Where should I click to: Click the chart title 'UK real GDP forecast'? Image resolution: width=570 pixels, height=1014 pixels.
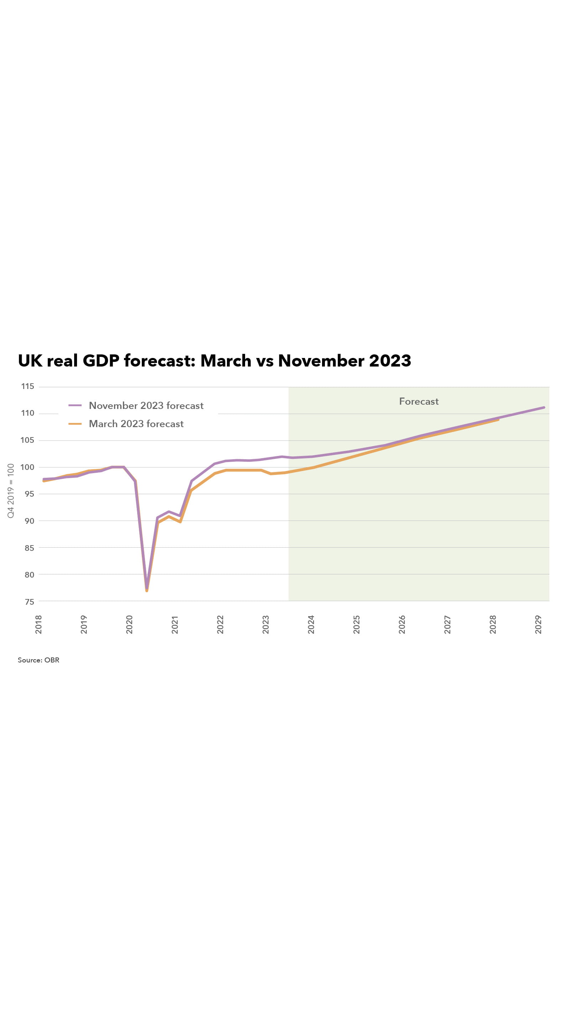tap(214, 360)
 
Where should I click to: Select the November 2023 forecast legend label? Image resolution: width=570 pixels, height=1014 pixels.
tap(146, 405)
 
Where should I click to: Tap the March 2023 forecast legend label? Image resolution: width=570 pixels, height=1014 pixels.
tap(136, 424)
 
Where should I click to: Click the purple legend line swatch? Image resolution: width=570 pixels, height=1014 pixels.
tap(75, 405)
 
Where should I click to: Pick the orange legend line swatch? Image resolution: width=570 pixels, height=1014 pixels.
tap(75, 424)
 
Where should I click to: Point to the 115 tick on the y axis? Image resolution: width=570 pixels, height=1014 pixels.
tap(27, 386)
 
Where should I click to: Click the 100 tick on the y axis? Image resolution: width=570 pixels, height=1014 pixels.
tap(27, 467)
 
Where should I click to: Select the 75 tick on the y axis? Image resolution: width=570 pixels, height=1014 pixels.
tap(29, 601)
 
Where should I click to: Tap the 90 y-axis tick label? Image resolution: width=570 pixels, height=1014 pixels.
tap(29, 521)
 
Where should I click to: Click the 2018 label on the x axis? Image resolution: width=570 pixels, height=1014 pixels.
tap(38, 624)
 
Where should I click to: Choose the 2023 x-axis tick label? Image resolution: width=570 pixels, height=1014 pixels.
tap(265, 624)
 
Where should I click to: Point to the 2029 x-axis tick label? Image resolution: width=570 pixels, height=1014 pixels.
tap(538, 624)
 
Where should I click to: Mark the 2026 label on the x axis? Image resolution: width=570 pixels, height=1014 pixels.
tap(401, 624)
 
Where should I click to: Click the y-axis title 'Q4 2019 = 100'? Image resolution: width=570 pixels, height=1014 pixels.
tap(11, 491)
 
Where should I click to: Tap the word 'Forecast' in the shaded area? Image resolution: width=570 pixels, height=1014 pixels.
tap(419, 401)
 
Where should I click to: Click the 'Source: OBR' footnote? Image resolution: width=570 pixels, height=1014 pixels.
tap(38, 660)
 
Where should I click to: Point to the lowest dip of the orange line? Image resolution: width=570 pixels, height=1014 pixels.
tap(147, 590)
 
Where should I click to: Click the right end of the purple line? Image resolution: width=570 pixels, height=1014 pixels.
tap(544, 408)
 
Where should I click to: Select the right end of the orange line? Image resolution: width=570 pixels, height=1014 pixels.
tap(498, 420)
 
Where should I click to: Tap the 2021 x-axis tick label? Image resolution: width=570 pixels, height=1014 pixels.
tap(175, 624)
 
